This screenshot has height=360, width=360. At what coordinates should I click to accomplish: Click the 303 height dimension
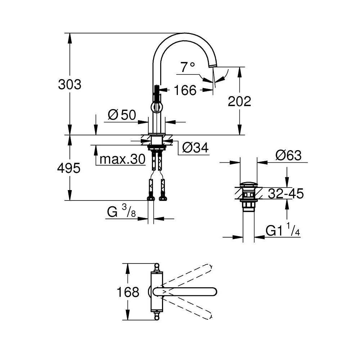click(69, 85)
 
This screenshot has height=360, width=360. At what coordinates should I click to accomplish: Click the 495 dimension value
click(69, 168)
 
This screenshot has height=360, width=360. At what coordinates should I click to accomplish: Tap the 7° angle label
click(188, 67)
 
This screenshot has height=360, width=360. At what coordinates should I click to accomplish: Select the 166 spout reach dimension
click(185, 90)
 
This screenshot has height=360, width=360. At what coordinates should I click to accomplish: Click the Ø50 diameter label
click(122, 115)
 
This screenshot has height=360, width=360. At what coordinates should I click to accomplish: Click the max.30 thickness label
click(123, 159)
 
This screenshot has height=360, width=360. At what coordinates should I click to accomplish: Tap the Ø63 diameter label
click(288, 156)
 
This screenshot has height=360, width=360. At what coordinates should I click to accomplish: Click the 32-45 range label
click(286, 193)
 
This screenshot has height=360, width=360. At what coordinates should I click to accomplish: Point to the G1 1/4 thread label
click(283, 230)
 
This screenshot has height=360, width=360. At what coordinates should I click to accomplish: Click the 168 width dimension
click(128, 292)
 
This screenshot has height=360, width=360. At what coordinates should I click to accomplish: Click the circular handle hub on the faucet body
click(157, 107)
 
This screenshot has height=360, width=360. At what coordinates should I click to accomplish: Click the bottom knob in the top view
click(157, 317)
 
